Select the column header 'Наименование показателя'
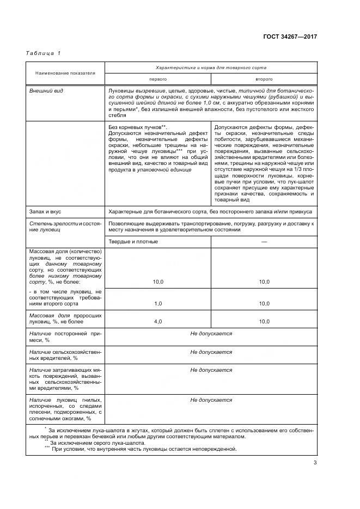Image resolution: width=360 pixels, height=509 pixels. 65,73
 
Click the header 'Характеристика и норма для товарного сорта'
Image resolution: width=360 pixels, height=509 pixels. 210,68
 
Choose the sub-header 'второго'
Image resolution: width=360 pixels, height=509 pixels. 264,79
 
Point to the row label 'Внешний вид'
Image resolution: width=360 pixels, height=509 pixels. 46,90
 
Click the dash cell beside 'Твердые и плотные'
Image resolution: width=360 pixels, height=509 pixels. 264,241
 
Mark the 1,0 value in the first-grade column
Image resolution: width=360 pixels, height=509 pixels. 158,303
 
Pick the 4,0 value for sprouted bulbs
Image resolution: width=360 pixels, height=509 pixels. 158,322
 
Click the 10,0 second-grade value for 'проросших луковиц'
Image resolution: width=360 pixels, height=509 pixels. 264,322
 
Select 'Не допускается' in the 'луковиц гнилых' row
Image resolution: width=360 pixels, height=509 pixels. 211,400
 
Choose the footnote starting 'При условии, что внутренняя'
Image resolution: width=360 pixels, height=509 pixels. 144,449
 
